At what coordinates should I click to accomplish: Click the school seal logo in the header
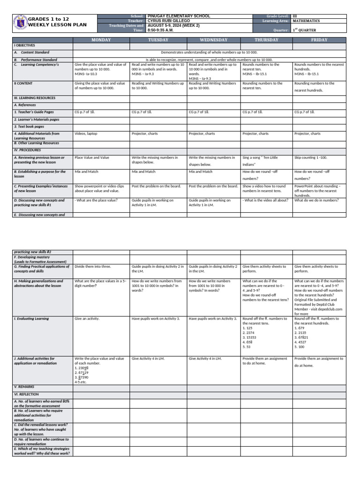pyautogui.click(x=20, y=23)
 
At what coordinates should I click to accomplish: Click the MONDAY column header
pyautogui.click(x=101, y=40)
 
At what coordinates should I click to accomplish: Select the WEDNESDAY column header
pyautogui.click(x=213, y=40)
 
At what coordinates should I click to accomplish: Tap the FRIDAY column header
pyautogui.click(x=319, y=40)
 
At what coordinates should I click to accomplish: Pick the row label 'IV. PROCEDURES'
pyautogui.click(x=28, y=150)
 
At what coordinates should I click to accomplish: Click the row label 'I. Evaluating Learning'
pyautogui.click(x=31, y=319)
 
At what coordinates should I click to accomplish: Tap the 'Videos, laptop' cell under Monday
pyautogui.click(x=86, y=134)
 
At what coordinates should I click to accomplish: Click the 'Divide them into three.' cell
pyautogui.click(x=93, y=266)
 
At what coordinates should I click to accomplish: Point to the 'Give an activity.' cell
pyautogui.click(x=87, y=319)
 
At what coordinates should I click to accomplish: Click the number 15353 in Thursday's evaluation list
pyautogui.click(x=249, y=337)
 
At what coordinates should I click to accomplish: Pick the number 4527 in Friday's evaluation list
pyautogui.click(x=300, y=342)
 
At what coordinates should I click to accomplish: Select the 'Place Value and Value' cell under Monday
pyautogui.click(x=91, y=157)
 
